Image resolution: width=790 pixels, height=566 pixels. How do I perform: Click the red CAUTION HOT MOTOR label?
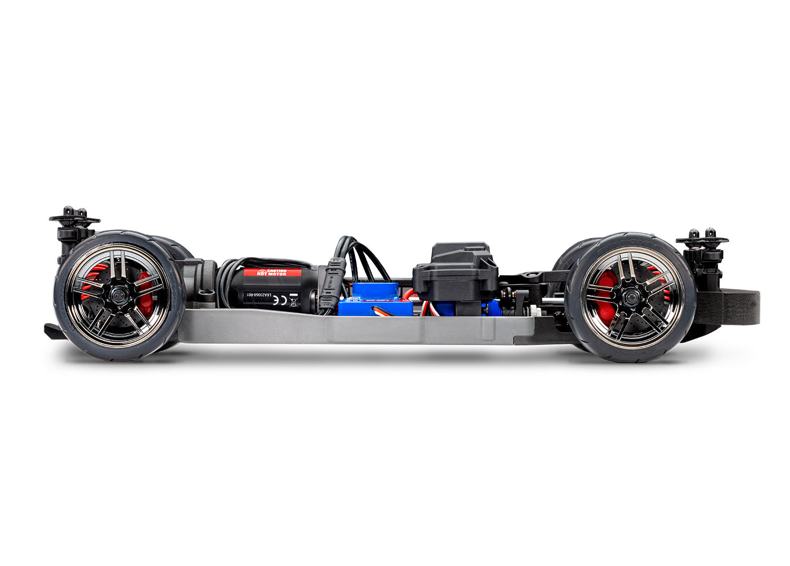pyautogui.click(x=271, y=273)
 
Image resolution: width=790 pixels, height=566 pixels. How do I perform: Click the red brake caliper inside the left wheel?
pyautogui.click(x=145, y=295)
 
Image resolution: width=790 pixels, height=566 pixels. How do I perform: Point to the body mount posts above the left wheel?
pyautogui.click(x=74, y=217)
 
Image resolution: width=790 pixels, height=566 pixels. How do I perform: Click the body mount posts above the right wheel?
pyautogui.click(x=702, y=240)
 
